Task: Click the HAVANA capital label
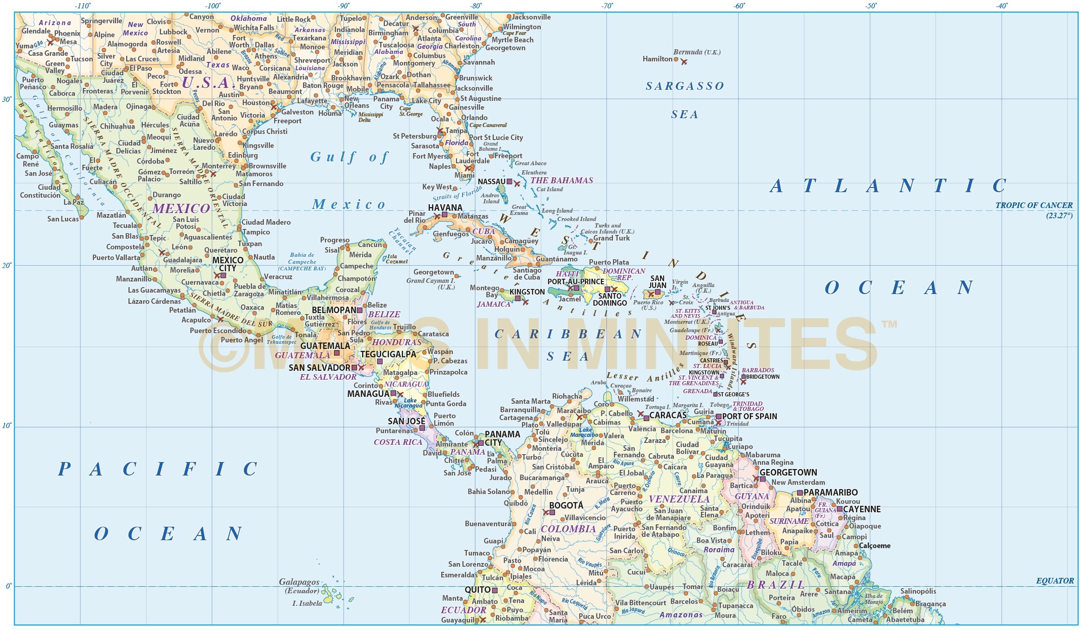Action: pos(445,208)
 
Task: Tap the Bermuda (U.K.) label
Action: pos(696,52)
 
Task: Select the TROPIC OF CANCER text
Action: pos(1034,205)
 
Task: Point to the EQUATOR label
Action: pos(1055,581)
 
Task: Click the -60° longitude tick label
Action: pos(739,6)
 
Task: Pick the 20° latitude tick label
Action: pos(7,265)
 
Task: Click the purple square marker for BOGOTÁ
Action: pos(552,512)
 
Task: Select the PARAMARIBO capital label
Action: pos(830,492)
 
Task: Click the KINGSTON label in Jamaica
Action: pos(527,292)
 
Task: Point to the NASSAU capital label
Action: pos(491,181)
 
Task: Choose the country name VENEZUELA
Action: pos(679,499)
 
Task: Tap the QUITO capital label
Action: pos(478,590)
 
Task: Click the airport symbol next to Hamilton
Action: pos(684,61)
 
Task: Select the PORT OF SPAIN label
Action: pos(749,416)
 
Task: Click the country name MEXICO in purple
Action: pos(181,208)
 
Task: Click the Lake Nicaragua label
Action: pos(410,403)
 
